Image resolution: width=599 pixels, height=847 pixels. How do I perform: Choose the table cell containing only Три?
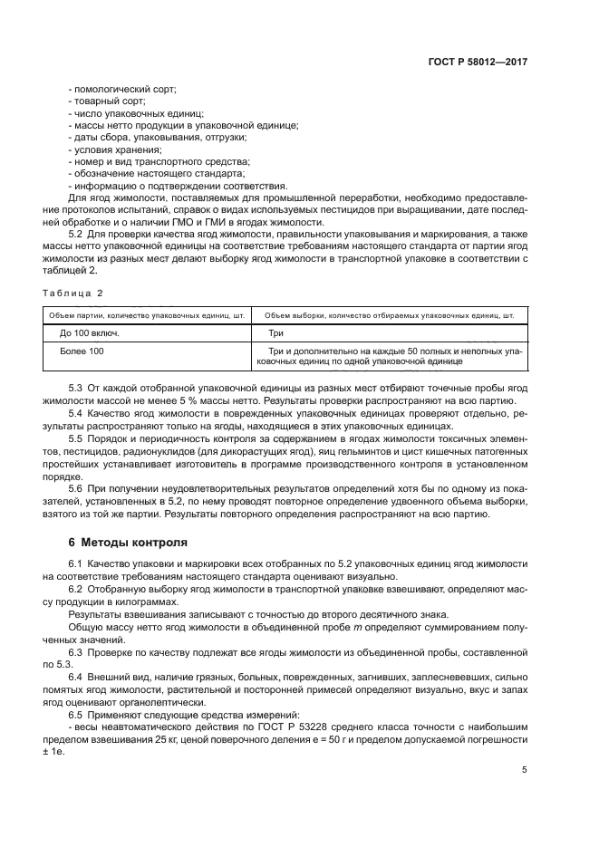point(277,332)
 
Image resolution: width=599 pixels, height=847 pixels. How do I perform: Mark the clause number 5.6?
point(76,488)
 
